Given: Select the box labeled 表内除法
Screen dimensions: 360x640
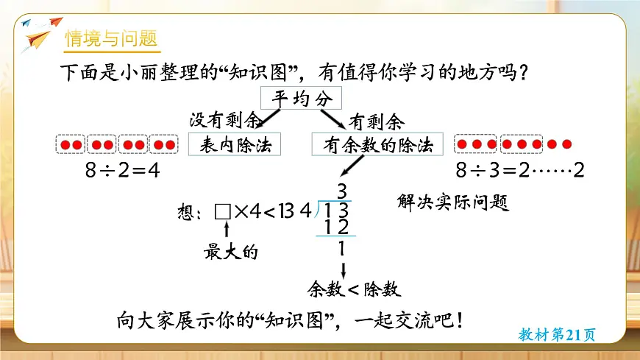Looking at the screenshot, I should click(235, 145).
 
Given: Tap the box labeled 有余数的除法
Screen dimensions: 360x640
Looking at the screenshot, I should click(378, 145).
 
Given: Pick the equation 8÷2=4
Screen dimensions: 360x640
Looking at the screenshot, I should click(122, 171).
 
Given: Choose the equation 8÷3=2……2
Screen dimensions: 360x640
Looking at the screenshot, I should click(519, 171).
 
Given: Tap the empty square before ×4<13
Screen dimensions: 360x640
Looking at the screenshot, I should click(223, 212).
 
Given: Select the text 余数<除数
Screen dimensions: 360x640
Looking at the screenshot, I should click(353, 289).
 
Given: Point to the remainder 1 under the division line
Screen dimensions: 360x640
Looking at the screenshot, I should click(341, 249).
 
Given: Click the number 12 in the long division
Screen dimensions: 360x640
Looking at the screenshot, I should click(336, 228).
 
